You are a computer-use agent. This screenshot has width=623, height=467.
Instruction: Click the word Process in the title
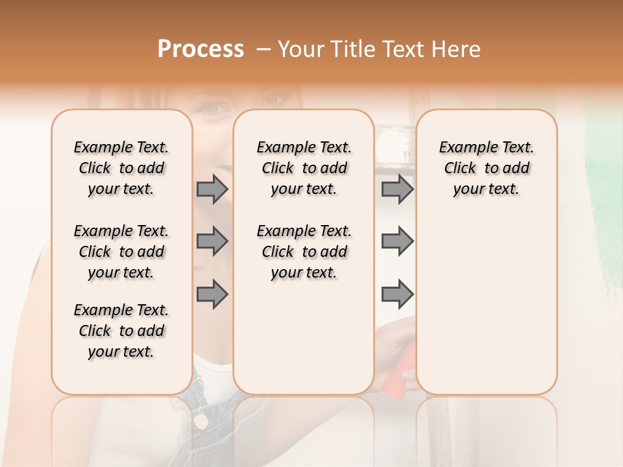point(201,49)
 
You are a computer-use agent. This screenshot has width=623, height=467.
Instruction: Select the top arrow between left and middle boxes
point(212,189)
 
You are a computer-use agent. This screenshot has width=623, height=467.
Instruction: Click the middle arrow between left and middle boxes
point(212,241)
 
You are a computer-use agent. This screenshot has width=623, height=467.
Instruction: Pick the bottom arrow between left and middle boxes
point(212,294)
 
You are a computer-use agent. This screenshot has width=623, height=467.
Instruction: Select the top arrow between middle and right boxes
point(397,189)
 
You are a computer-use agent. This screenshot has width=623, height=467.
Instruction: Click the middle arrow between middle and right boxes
point(397,241)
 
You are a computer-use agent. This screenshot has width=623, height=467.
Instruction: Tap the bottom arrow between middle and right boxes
point(397,294)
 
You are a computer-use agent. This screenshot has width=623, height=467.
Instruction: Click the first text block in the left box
point(121,168)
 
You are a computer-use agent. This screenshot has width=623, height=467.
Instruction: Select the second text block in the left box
point(121,252)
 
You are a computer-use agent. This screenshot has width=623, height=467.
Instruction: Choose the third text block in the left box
point(121,331)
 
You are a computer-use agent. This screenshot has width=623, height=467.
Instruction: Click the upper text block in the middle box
point(304,168)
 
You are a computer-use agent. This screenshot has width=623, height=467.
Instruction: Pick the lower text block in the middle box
point(304,252)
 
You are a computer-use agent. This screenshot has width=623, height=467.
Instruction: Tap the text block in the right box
point(486,168)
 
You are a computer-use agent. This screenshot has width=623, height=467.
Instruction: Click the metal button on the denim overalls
point(201,421)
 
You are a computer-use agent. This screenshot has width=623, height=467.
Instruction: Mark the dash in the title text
point(263,50)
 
